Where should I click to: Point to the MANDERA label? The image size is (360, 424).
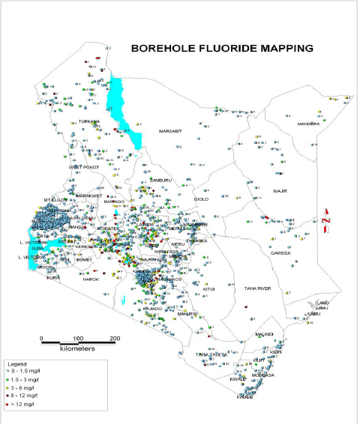(x=308, y=124)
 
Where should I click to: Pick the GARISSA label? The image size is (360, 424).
(x=281, y=253)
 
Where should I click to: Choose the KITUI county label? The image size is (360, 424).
(x=209, y=289)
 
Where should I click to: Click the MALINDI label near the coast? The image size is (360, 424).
(x=265, y=334)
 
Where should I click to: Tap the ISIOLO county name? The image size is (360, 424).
(x=201, y=199)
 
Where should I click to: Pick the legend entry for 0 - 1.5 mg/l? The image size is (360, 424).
(x=28, y=370)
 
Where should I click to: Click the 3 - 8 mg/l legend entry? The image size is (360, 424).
(x=25, y=387)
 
